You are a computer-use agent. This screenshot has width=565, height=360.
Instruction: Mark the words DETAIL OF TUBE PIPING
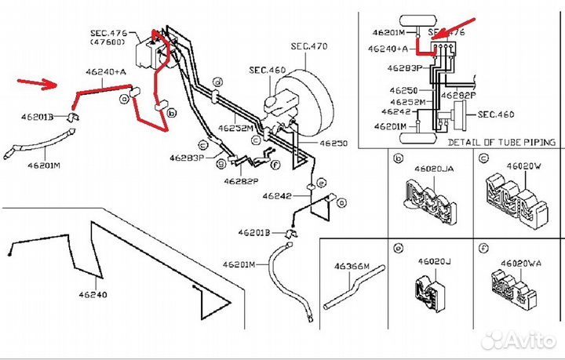(x=501, y=142)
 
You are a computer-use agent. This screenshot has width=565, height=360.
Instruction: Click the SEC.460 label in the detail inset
(x=494, y=115)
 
